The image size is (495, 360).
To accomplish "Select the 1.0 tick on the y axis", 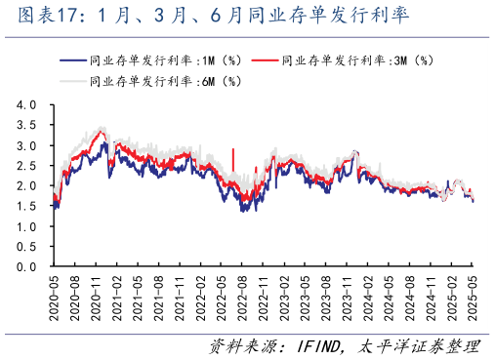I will [x=26, y=226].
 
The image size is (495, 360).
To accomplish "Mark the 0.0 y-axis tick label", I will [x=26, y=266].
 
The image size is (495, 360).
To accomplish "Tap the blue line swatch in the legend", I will [x=70, y=60].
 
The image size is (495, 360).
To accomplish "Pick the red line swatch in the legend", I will [x=261, y=60].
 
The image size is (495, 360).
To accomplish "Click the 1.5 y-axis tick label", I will [x=26, y=206].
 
